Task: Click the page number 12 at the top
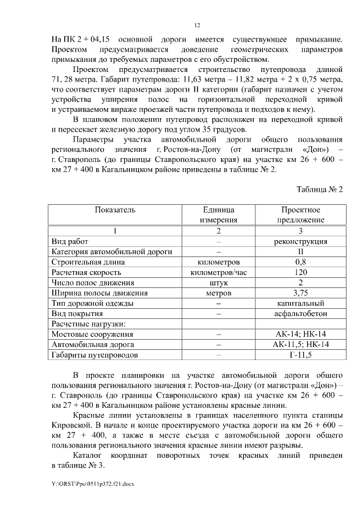pyautogui.click(x=197, y=25)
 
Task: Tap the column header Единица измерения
pyautogui.click(x=219, y=215)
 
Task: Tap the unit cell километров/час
pyautogui.click(x=219, y=272)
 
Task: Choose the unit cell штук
pyautogui.click(x=219, y=282)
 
